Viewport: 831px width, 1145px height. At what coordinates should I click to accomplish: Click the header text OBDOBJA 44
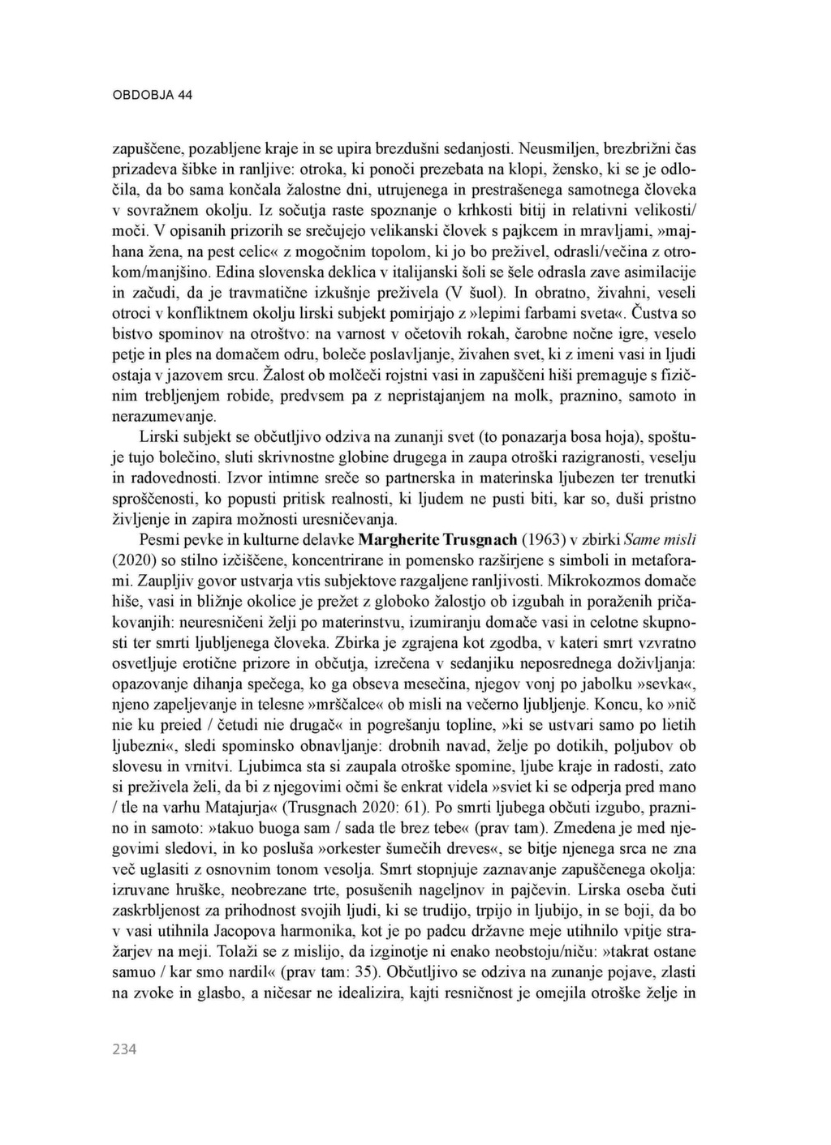click(x=152, y=95)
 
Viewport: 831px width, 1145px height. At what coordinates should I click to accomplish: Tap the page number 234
click(x=124, y=1049)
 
